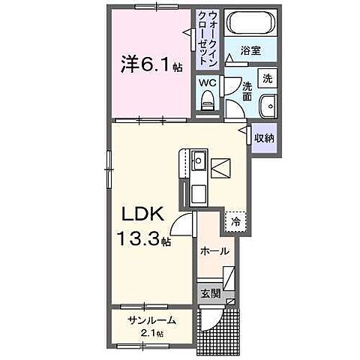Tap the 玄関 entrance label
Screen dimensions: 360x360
pyautogui.click(x=210, y=292)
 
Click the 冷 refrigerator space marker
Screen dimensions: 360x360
pyautogui.click(x=236, y=222)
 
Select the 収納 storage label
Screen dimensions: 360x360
pyautogui.click(x=263, y=138)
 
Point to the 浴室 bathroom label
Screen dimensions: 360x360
pyautogui.click(x=250, y=51)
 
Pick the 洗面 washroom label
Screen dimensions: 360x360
pyautogui.click(x=247, y=91)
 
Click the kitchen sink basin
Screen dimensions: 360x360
pyautogui.click(x=199, y=160)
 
